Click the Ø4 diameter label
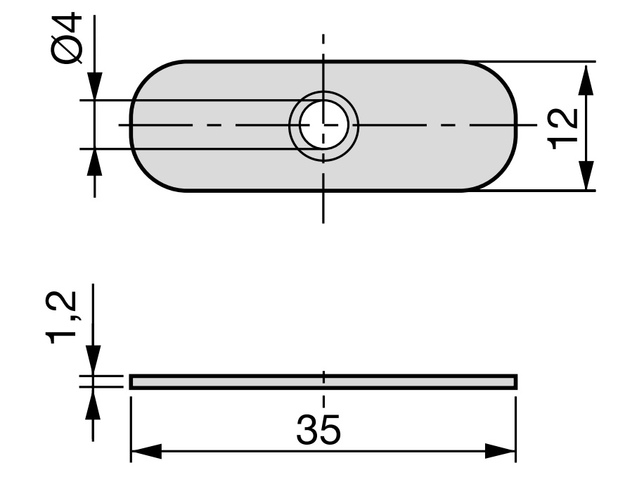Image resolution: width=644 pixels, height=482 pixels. (x=67, y=38)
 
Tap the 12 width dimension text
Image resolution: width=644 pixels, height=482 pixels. (x=562, y=129)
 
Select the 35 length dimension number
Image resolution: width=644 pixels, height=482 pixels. (x=318, y=429)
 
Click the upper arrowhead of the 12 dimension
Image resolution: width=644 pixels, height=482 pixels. (x=586, y=80)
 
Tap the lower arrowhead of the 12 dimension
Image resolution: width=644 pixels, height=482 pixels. (x=586, y=175)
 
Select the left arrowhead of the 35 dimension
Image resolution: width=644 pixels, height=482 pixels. (x=146, y=451)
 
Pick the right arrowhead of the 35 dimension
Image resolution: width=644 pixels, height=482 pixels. (x=501, y=451)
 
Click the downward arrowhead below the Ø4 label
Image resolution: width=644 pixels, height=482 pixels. (x=95, y=85)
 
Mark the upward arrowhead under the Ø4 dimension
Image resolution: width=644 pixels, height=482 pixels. (x=95, y=163)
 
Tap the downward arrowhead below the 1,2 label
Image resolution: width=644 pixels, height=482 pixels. (x=94, y=360)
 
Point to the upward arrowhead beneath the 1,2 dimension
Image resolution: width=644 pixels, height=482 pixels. (x=94, y=403)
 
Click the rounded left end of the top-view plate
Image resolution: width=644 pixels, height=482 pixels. (x=131, y=125)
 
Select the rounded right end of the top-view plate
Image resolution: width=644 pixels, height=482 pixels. (x=516, y=125)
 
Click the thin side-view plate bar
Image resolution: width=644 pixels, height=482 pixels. (x=323, y=382)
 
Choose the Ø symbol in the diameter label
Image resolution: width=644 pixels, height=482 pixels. (x=67, y=50)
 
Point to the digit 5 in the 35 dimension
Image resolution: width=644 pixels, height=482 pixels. (x=330, y=430)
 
